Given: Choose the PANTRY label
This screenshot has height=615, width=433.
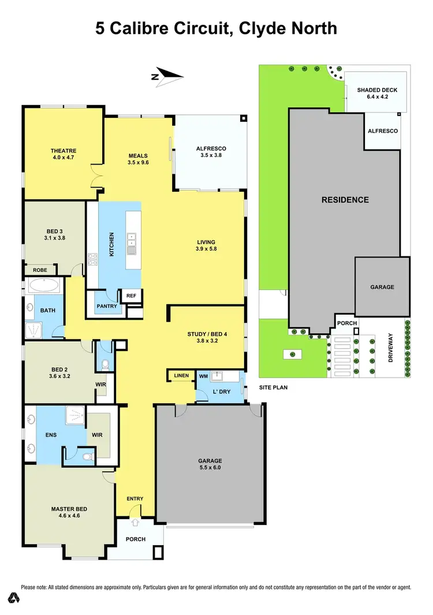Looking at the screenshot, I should click(x=106, y=306).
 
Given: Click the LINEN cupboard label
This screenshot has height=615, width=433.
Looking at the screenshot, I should click(x=181, y=376).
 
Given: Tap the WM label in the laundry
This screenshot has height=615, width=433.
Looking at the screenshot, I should click(x=203, y=377).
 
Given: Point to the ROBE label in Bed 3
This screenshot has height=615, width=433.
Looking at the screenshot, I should click(x=40, y=269).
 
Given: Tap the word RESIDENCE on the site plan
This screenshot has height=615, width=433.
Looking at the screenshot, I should click(x=345, y=200).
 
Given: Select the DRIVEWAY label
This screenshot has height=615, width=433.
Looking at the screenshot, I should click(x=391, y=350).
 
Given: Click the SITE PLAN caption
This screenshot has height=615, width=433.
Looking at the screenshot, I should click(x=274, y=387).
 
